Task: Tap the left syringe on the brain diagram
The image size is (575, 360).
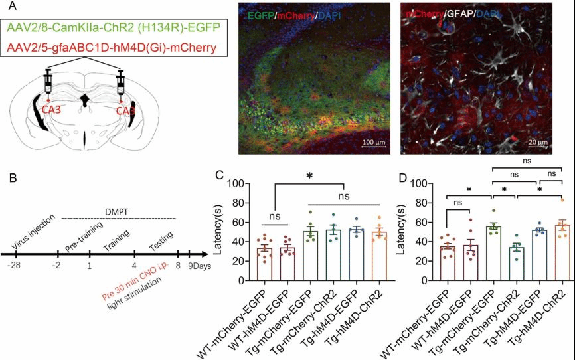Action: tap(48, 83)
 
